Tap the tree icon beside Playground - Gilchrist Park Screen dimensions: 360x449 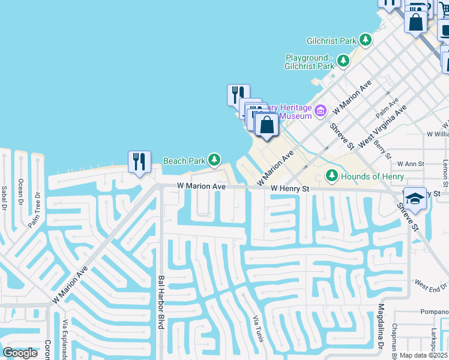[343, 61]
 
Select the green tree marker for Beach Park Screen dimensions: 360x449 [214, 160]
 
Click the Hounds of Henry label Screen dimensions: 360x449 [372, 176]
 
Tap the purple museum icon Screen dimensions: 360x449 [321, 110]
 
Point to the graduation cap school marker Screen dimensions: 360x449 [414, 198]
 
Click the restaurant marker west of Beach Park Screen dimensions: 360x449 [139, 162]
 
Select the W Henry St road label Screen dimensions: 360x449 [289, 188]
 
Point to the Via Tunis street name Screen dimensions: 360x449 [255, 330]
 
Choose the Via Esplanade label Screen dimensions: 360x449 [64, 340]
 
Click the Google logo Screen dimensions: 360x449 [20, 353]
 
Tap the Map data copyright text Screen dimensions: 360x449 [424, 355]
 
